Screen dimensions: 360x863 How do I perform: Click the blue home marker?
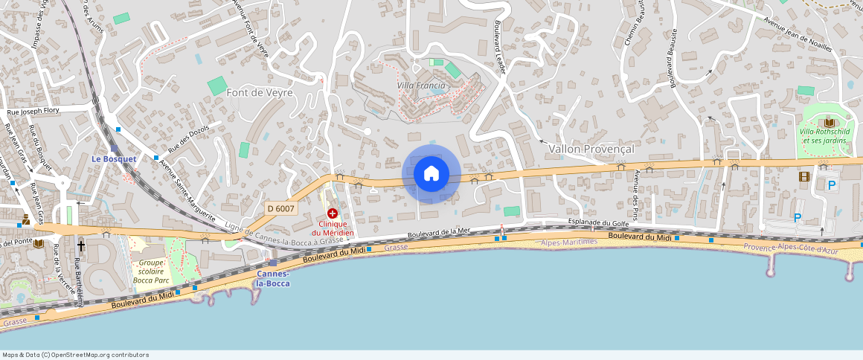coord(431,174)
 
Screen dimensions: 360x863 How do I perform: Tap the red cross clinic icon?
coord(332,213)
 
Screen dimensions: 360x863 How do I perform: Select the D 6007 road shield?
coord(281,208)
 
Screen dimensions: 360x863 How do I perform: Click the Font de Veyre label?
coord(260,92)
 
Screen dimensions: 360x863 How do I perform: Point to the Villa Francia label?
coord(421,86)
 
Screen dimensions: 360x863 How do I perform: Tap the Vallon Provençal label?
coord(591,149)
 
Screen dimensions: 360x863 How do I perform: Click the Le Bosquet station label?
coord(113,159)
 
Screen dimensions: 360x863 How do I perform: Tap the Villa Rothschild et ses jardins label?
coord(827,136)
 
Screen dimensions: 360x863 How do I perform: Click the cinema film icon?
coord(803,177)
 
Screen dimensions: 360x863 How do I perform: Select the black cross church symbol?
coord(80,244)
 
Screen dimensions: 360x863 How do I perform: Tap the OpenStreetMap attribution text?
coord(75,355)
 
